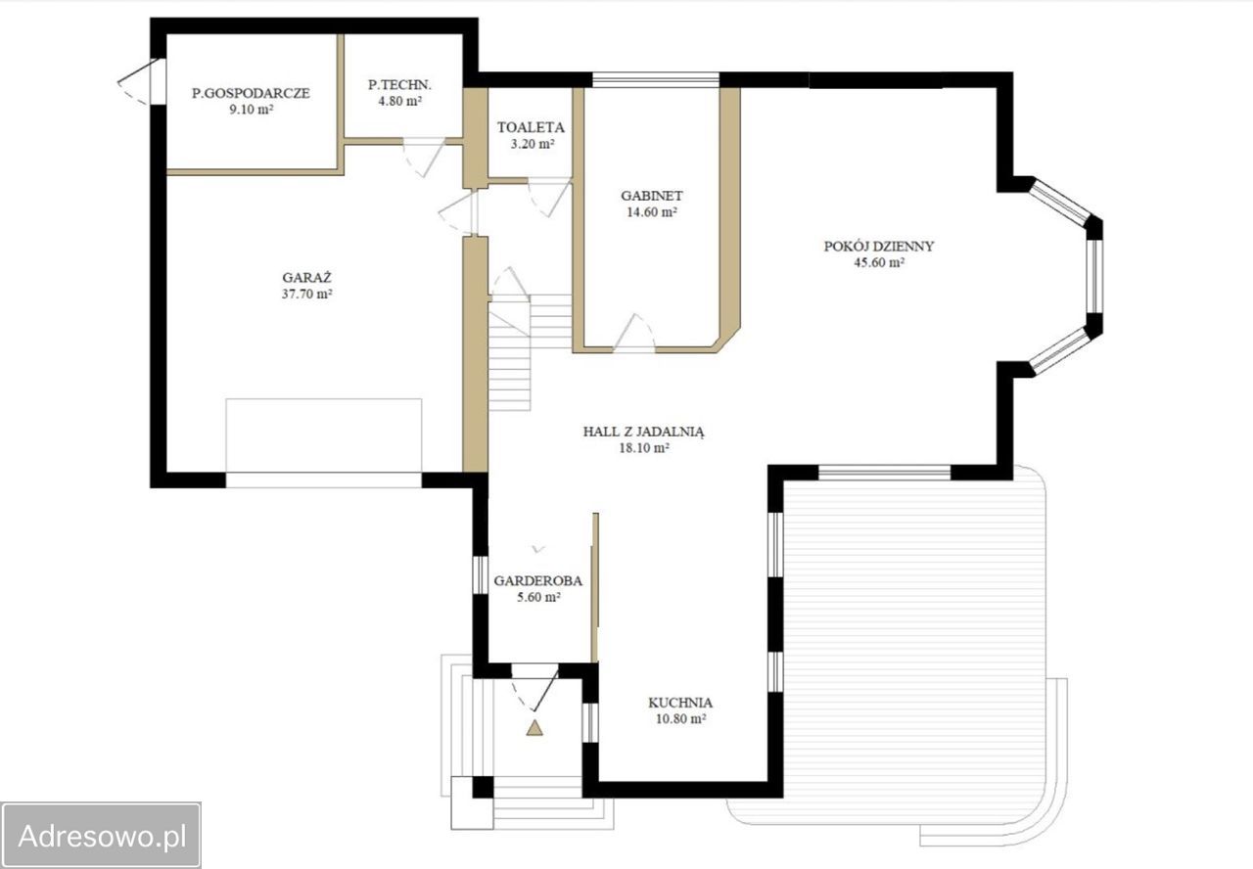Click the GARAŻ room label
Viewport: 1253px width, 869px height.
point(306,277)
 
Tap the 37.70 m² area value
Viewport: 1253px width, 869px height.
point(307,294)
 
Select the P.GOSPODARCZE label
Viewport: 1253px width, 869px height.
point(251,93)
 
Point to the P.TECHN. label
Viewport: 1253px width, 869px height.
point(400,85)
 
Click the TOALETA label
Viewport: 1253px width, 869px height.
point(531,127)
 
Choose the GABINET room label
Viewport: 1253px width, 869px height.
point(652,196)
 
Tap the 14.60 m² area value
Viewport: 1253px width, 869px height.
point(652,212)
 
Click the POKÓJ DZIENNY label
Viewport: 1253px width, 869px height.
point(879,246)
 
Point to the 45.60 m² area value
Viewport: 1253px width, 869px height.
point(879,262)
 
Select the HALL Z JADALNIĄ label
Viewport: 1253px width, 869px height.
point(644,432)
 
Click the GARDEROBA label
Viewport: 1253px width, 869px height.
point(537,581)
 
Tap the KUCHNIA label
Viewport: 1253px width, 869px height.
point(680,703)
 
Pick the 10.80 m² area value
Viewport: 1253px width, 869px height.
point(680,719)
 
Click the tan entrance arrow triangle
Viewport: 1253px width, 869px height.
point(534,728)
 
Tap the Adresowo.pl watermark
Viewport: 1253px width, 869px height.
point(102,836)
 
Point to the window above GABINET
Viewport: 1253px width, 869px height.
point(656,80)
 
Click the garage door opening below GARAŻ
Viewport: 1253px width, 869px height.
point(324,480)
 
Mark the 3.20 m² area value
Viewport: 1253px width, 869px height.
point(532,144)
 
